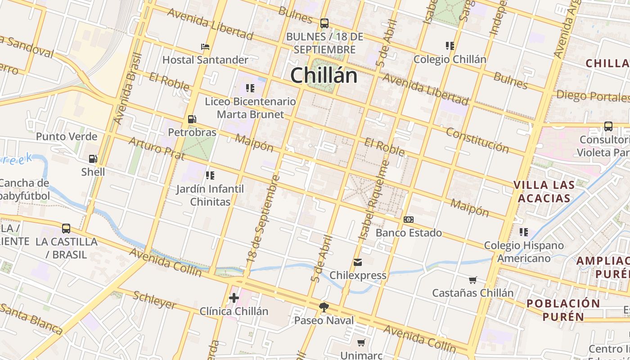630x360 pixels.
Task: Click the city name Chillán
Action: [x=324, y=75]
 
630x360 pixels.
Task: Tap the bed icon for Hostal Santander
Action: [x=205, y=46]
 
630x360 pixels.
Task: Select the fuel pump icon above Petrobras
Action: [x=192, y=119]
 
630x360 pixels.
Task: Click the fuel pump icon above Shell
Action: [x=93, y=158]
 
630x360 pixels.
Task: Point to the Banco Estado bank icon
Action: [x=409, y=220]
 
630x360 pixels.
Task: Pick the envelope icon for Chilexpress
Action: [x=358, y=262]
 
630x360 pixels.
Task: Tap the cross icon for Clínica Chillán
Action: [x=234, y=297]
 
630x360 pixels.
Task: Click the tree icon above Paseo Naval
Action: [x=324, y=307]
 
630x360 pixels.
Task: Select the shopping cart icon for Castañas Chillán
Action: [x=472, y=280]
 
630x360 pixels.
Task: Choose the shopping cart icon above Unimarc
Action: [x=361, y=342]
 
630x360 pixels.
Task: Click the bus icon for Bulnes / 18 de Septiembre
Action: [x=324, y=23]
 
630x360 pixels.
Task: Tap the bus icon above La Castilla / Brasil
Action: [x=66, y=228]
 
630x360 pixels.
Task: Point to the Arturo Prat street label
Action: [x=157, y=149]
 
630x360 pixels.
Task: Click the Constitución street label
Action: [x=477, y=140]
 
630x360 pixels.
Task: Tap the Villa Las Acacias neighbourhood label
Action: [x=544, y=191]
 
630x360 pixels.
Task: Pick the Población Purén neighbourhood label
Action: [x=563, y=310]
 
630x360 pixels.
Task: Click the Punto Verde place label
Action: [x=67, y=136]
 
